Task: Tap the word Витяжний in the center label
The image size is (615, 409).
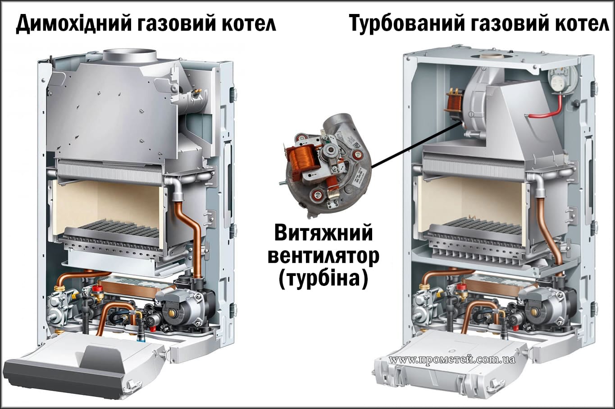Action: coord(323,234)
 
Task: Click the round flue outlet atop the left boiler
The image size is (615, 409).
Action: coord(129,56)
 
